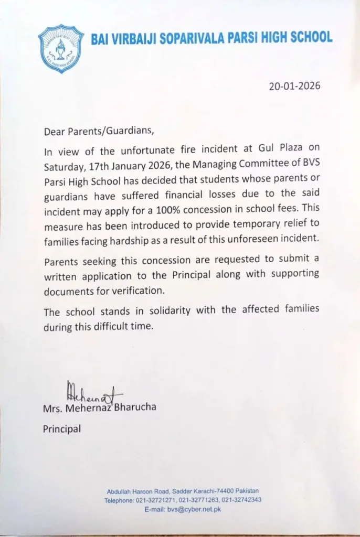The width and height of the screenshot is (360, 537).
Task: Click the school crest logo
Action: [61, 48]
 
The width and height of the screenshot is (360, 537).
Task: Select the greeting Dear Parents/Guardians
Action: [100, 132]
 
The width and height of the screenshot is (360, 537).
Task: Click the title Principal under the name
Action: [62, 429]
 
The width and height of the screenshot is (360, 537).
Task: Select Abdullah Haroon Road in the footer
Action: [137, 491]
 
